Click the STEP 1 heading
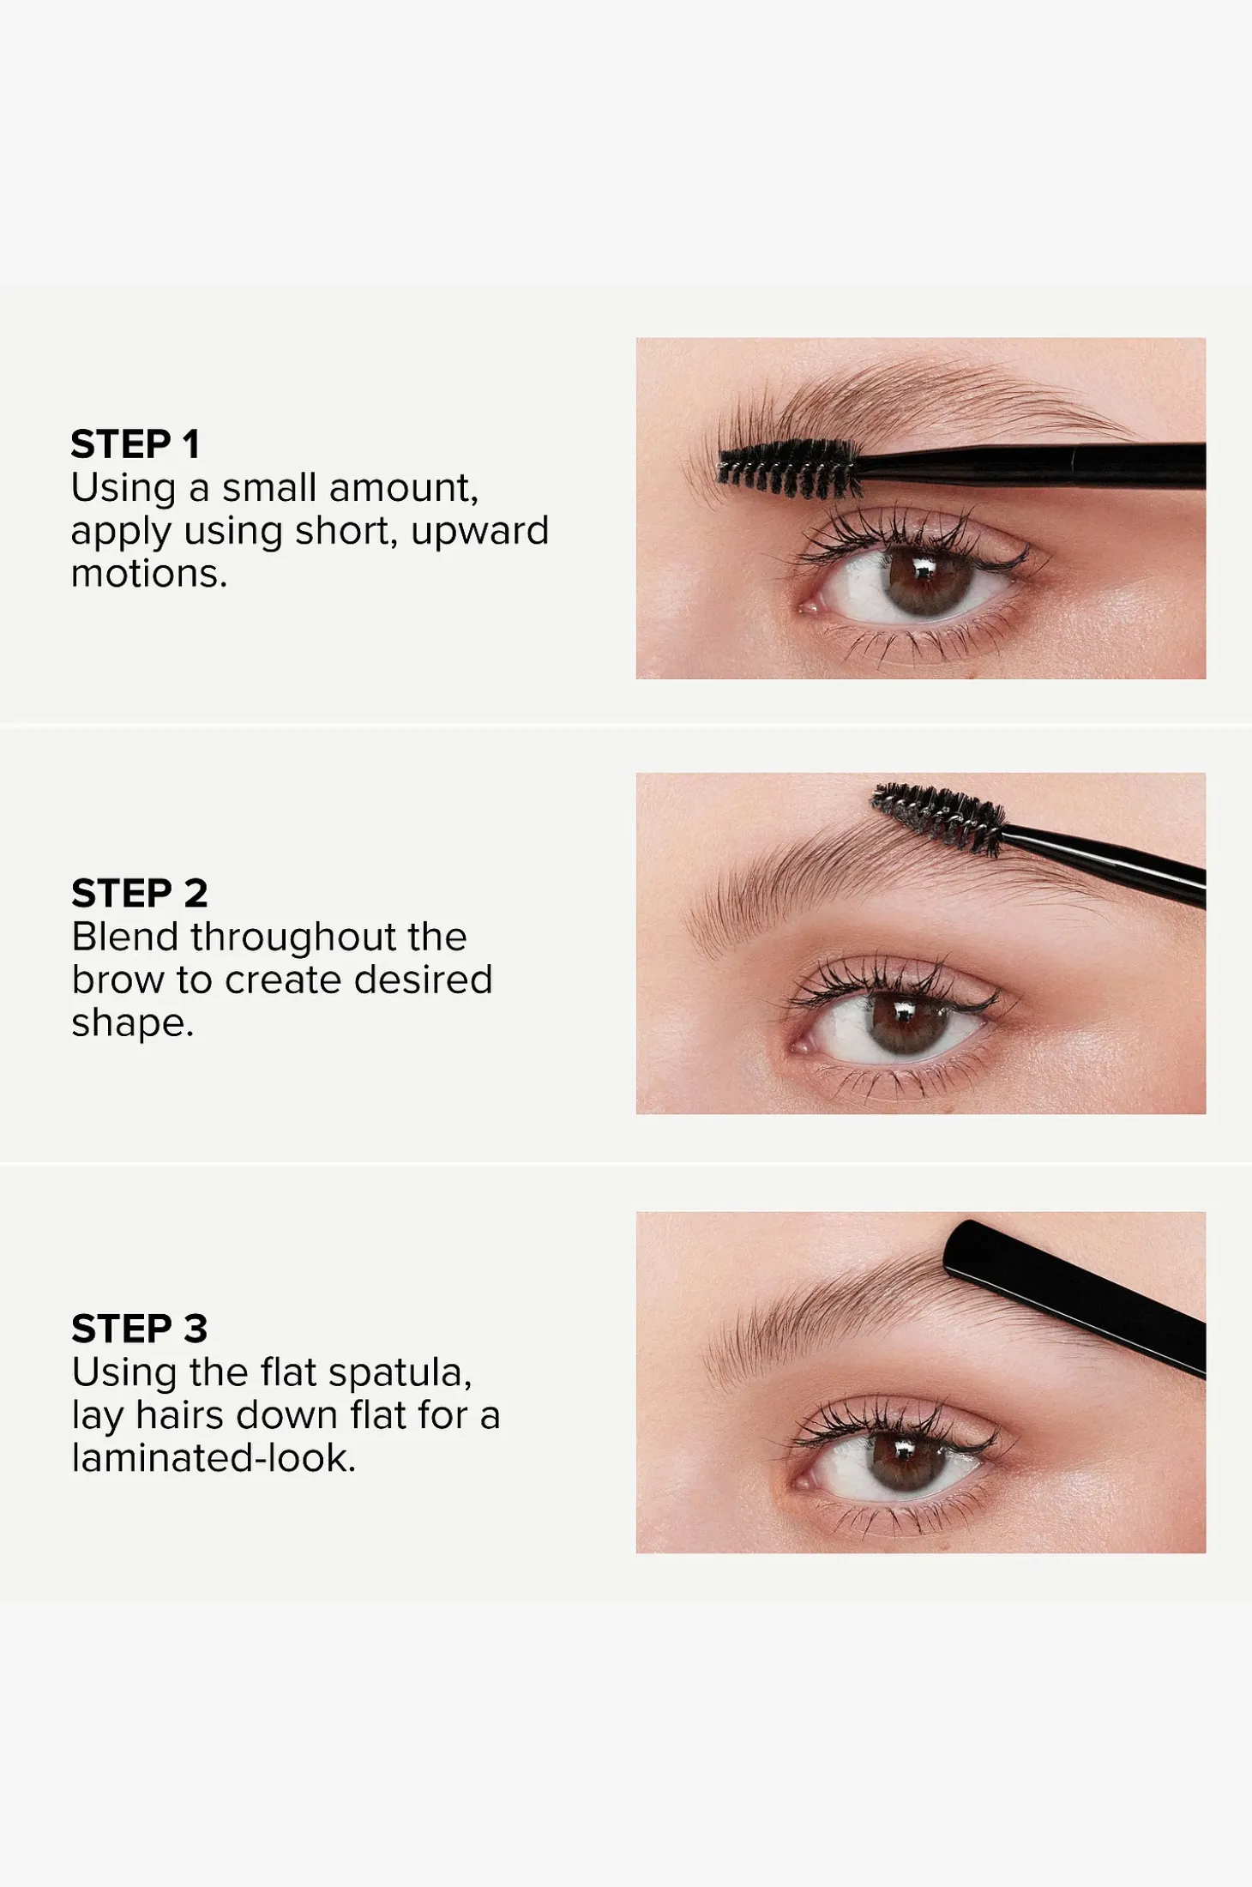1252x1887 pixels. pyautogui.click(x=135, y=444)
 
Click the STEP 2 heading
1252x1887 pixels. pyautogui.click(x=140, y=894)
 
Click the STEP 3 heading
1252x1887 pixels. pyautogui.click(x=140, y=1329)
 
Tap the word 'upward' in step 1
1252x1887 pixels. pyautogui.click(x=479, y=532)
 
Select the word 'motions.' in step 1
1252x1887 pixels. pyautogui.click(x=149, y=573)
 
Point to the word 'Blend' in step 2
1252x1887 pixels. pyautogui.click(x=126, y=936)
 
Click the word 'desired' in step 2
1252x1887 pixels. pyautogui.click(x=424, y=979)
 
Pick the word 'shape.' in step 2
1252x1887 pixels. pyautogui.click(x=133, y=1023)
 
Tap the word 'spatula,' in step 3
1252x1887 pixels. pyautogui.click(x=400, y=1373)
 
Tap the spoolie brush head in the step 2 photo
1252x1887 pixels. pyautogui.click(x=938, y=820)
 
